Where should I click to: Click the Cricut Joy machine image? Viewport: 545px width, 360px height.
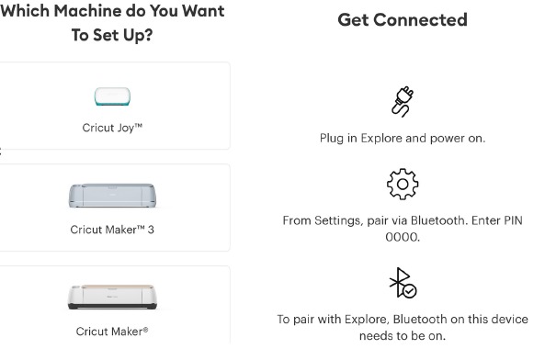[x=112, y=96]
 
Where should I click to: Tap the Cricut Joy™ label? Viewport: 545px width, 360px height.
[x=112, y=128]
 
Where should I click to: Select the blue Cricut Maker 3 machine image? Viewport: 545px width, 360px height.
[x=112, y=196]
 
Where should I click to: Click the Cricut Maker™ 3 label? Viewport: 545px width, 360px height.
[x=112, y=230]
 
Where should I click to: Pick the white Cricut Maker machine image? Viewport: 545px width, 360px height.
[x=112, y=297]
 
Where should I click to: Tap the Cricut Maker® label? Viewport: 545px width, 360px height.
[x=112, y=332]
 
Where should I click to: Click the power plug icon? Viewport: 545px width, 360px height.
[x=403, y=102]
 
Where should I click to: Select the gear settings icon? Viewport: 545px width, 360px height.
[x=403, y=184]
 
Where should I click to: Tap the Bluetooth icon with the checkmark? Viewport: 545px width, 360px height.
[x=403, y=283]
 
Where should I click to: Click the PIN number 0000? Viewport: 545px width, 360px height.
[x=403, y=237]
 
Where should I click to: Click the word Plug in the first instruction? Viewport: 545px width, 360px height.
[x=332, y=138]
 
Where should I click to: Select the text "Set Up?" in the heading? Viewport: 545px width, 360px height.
[x=123, y=35]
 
